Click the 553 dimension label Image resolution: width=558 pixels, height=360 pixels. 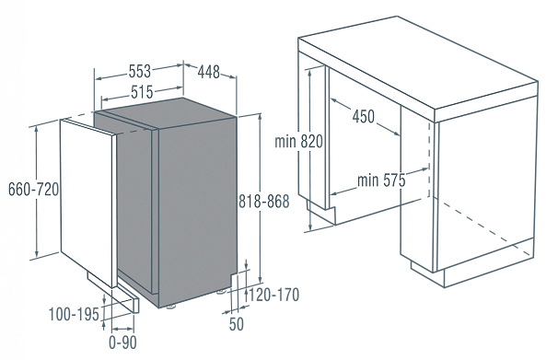(x=140, y=71)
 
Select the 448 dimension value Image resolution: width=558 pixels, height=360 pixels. (x=209, y=72)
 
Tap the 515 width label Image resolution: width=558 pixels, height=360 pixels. (x=142, y=92)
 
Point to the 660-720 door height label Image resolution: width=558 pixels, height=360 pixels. (x=33, y=189)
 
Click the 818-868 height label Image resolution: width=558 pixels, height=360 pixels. (x=263, y=202)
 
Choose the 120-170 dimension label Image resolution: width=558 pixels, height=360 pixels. (x=273, y=295)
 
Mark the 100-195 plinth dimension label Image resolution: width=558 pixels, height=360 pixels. (x=74, y=315)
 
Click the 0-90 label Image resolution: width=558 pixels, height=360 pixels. (x=122, y=343)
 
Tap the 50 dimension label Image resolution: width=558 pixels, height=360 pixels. (x=237, y=324)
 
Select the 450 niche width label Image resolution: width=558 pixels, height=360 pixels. (x=364, y=116)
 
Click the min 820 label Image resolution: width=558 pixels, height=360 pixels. (x=298, y=141)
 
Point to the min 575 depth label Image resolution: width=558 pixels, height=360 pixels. (x=381, y=180)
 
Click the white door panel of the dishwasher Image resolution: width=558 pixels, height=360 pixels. (x=88, y=203)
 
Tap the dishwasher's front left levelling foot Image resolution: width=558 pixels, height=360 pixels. (x=171, y=306)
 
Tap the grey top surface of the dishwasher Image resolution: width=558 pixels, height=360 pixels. (x=166, y=112)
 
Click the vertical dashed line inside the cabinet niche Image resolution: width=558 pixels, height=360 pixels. (x=429, y=160)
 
